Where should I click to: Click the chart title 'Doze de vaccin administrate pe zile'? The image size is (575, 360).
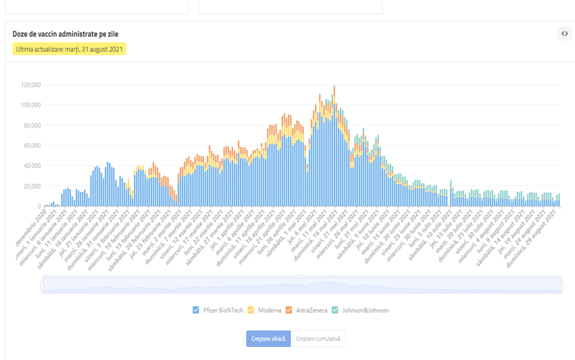click(x=61, y=34)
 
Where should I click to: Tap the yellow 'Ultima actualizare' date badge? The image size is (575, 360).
click(x=69, y=50)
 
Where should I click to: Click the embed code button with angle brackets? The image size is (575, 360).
click(x=564, y=34)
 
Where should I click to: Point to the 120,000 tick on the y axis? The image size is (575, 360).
click(x=31, y=85)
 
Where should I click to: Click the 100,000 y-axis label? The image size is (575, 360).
click(x=31, y=105)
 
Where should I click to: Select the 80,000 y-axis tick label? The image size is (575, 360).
click(x=32, y=125)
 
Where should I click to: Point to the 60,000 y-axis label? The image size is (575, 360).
click(x=32, y=146)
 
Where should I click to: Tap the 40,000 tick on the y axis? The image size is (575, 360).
click(x=32, y=166)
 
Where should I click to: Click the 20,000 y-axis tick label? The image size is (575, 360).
click(x=32, y=187)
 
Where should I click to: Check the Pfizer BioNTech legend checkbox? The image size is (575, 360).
click(x=196, y=310)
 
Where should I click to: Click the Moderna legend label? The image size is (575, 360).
click(x=270, y=310)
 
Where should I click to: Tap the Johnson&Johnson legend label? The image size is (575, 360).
click(x=365, y=310)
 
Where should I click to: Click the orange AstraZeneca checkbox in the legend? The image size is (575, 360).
click(x=289, y=310)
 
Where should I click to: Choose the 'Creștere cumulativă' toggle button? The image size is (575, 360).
click(x=318, y=339)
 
